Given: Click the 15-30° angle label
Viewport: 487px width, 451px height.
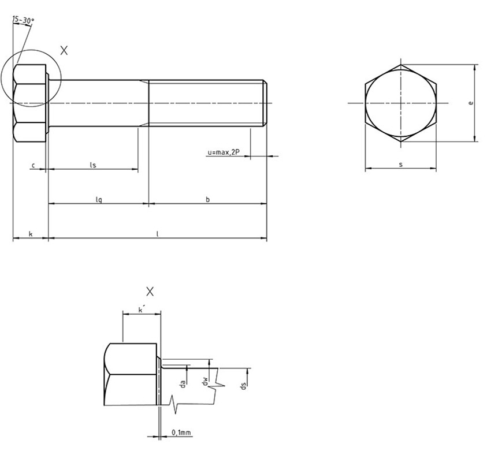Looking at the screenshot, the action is click(23, 20).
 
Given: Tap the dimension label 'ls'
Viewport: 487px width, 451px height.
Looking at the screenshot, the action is click(93, 165).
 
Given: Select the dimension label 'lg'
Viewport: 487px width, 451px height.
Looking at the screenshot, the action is click(98, 200).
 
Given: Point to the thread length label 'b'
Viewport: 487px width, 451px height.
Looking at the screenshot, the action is click(208, 199).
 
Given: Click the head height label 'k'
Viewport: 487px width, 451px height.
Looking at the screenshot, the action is click(31, 234).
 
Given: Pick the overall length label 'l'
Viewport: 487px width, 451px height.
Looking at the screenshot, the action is click(158, 234).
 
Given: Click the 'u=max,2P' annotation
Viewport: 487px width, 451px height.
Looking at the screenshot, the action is click(224, 152).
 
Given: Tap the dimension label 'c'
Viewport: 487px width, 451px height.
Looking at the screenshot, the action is click(34, 165).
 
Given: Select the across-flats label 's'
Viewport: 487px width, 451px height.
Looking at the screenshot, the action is click(401, 164).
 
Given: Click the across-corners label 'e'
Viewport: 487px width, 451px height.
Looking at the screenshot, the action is click(471, 102).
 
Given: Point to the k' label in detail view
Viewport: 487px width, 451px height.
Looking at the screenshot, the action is click(142, 310).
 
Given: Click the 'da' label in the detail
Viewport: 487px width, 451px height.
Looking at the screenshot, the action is click(183, 384).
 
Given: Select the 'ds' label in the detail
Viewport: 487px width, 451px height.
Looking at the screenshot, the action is click(244, 386).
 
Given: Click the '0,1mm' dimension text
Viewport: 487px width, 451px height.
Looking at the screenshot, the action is click(181, 433).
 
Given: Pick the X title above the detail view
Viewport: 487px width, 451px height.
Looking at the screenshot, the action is click(150, 292).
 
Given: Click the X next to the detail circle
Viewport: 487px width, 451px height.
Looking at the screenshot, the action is click(64, 50).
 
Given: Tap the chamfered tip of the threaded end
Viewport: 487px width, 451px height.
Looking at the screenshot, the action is click(265, 103).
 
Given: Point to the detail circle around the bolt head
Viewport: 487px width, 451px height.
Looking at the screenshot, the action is click(31, 50).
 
